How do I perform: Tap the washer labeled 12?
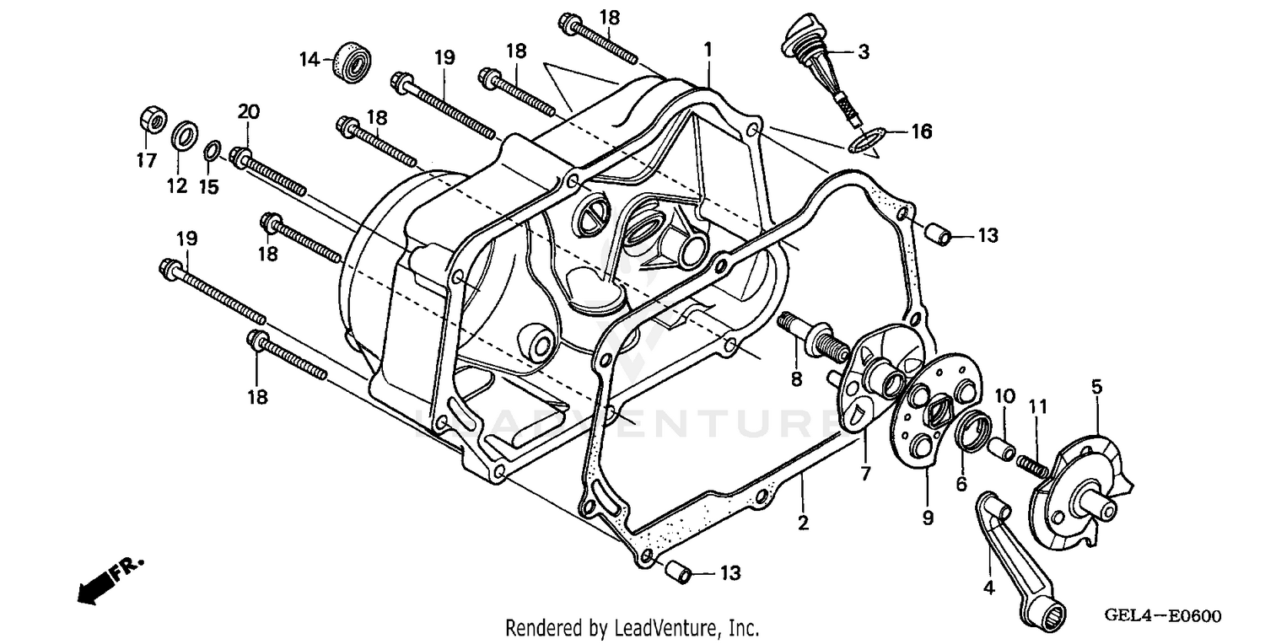[185, 135]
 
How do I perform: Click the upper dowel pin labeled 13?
[939, 233]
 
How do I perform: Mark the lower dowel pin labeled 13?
[678, 573]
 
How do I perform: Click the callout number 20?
[248, 112]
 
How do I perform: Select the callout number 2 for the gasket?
[803, 523]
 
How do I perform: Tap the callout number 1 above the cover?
[708, 50]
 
